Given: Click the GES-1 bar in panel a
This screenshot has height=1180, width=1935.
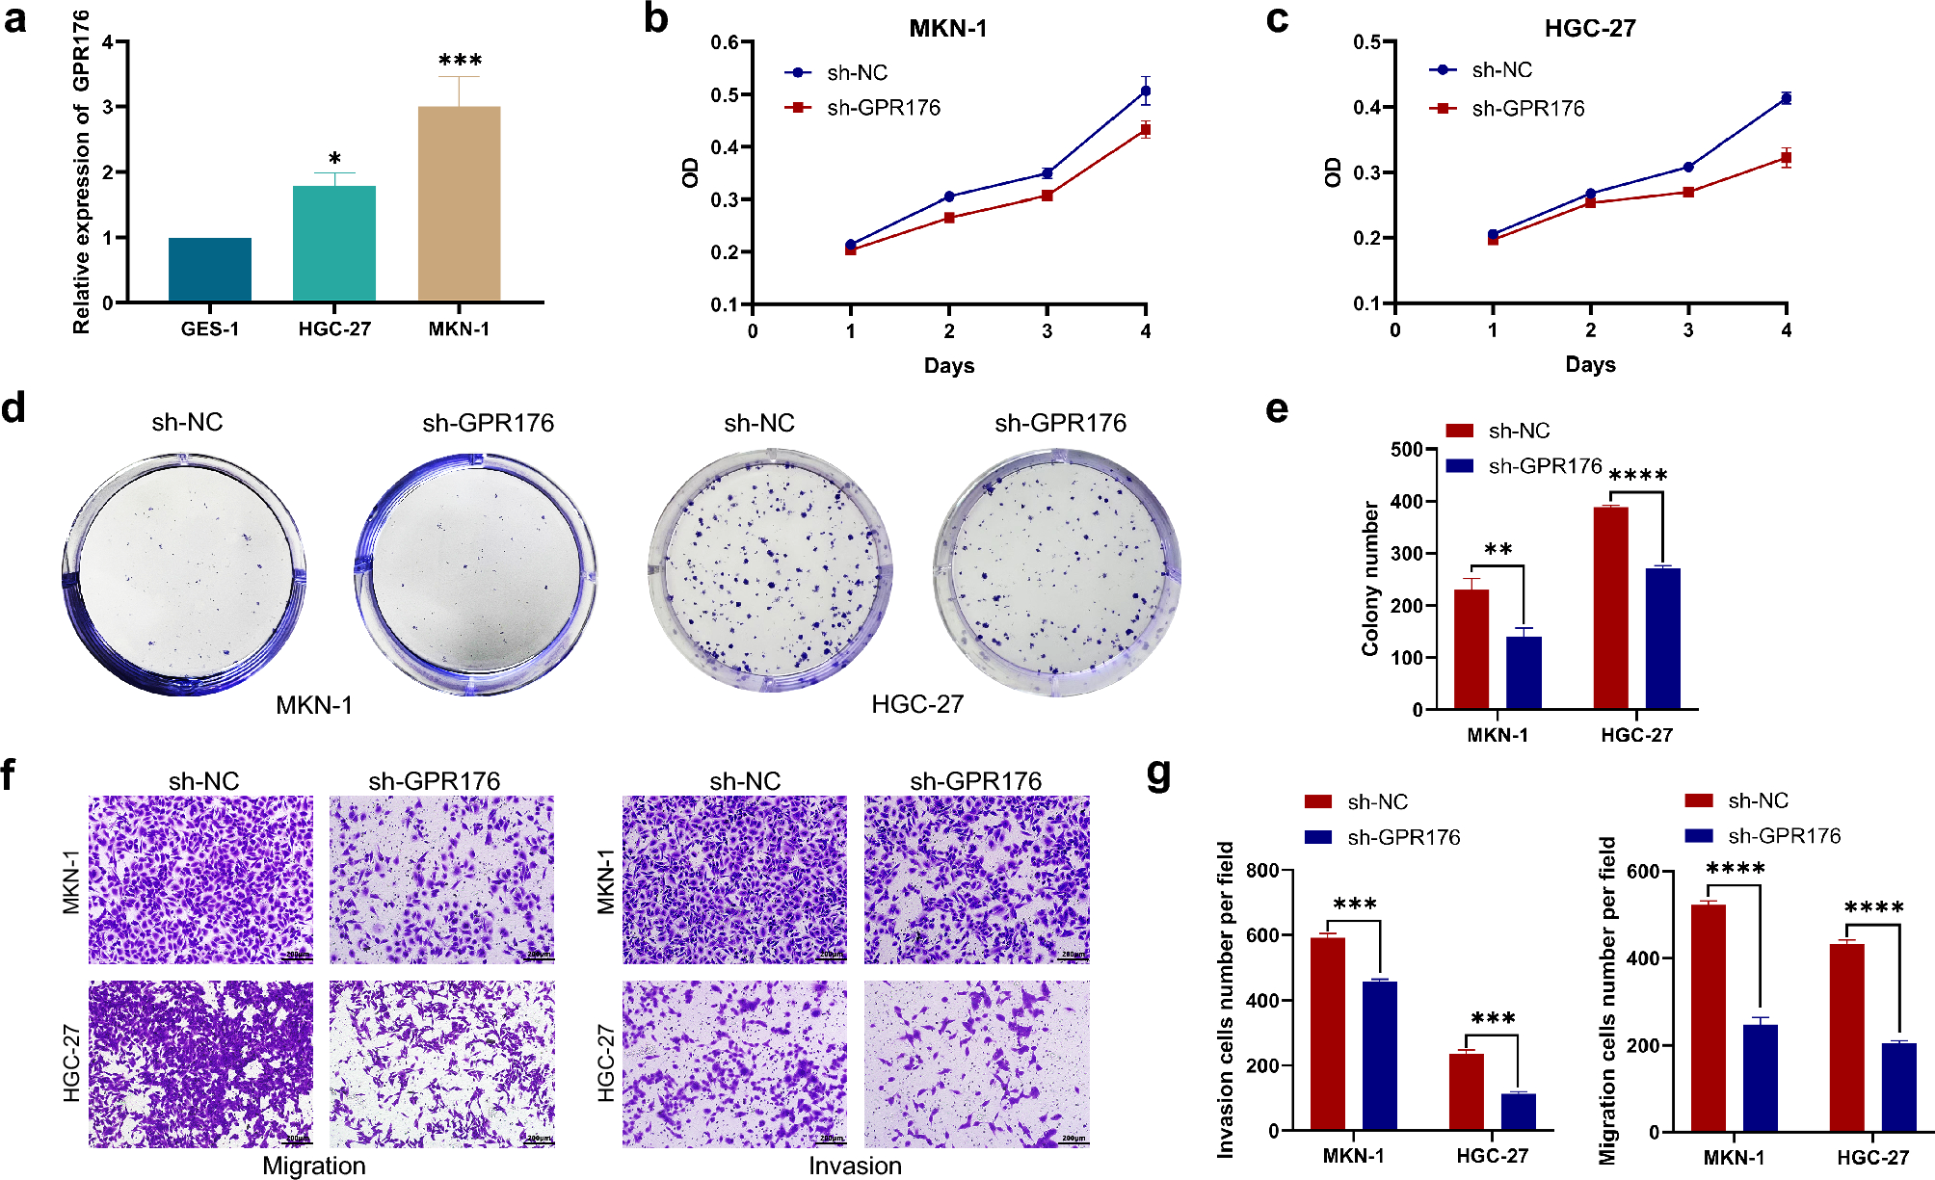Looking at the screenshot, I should pyautogui.click(x=209, y=270).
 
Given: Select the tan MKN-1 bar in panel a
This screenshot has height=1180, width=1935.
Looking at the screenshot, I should pyautogui.click(x=459, y=204).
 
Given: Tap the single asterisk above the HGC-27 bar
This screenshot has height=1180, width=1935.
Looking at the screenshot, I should pyautogui.click(x=334, y=159).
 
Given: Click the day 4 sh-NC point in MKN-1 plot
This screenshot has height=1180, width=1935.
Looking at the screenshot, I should pyautogui.click(x=1145, y=92).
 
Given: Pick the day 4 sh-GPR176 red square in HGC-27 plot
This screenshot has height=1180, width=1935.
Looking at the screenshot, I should pyautogui.click(x=1786, y=157).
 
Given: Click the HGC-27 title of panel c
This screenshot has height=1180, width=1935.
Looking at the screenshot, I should pyautogui.click(x=1589, y=28).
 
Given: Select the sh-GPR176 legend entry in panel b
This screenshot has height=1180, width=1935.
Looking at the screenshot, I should pyautogui.click(x=883, y=108).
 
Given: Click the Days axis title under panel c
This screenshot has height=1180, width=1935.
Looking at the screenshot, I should pyautogui.click(x=1590, y=364).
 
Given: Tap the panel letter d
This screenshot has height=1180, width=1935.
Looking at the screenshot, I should pyautogui.click(x=13, y=407).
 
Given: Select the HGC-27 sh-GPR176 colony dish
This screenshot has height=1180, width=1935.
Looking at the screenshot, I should pyautogui.click(x=1057, y=573).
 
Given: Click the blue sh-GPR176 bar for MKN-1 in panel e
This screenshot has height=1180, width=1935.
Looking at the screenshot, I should pyautogui.click(x=1524, y=672).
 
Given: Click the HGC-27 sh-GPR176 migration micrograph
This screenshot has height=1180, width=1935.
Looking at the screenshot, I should pyautogui.click(x=441, y=1063).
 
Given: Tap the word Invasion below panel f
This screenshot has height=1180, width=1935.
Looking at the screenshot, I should pyautogui.click(x=855, y=1166).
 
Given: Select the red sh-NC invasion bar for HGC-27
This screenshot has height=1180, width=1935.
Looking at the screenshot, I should pyautogui.click(x=1466, y=1090).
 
